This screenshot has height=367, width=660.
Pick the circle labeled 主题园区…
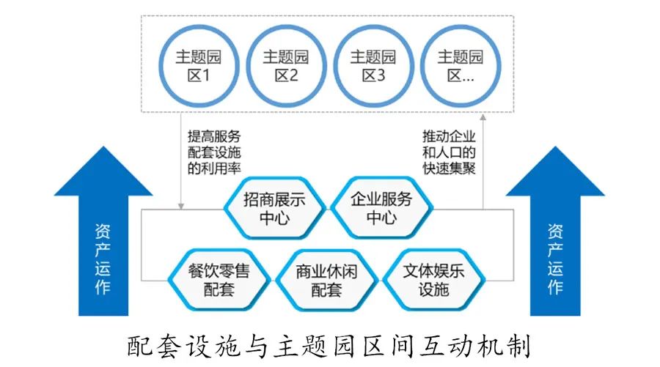pyautogui.click(x=460, y=65)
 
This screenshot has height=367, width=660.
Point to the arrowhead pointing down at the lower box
pyautogui.click(x=180, y=206)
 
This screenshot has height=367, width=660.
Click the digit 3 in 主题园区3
pyautogui.click(x=380, y=75)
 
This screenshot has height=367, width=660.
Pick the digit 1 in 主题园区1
pyautogui.click(x=206, y=75)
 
